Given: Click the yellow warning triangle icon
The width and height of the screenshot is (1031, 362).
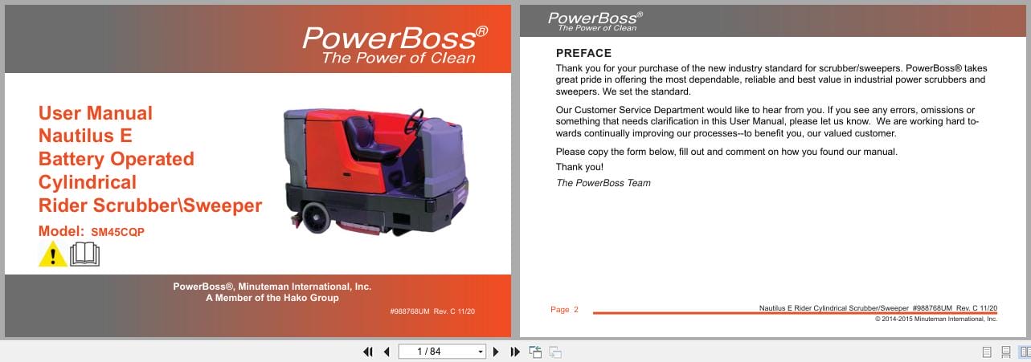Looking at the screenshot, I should (x=52, y=254).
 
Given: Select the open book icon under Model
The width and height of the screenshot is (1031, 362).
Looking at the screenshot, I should (x=84, y=254).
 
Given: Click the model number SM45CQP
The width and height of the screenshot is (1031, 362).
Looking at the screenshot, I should (x=118, y=232).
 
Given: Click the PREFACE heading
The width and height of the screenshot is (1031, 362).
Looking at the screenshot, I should (x=583, y=53).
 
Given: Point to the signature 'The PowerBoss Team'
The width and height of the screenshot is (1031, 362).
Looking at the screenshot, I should (x=603, y=183).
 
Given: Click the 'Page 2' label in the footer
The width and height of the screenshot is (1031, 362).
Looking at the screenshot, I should (x=564, y=310).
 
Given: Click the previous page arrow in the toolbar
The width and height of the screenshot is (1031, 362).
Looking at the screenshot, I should (x=387, y=352).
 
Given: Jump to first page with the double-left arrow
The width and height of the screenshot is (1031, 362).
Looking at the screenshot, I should (x=368, y=352).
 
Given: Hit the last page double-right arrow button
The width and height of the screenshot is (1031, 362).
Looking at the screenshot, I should (x=515, y=352).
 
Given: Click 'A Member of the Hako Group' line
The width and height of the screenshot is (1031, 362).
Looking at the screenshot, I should (x=272, y=298).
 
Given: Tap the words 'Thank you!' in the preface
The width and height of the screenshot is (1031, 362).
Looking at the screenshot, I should (x=579, y=167).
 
